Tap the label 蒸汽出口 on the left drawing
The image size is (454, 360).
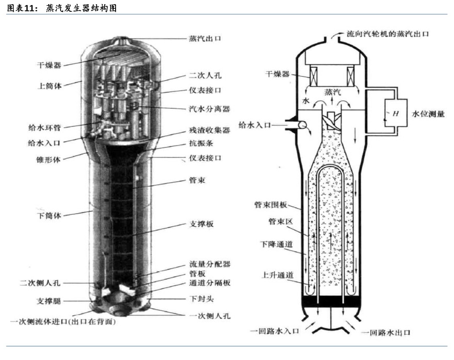[204, 39]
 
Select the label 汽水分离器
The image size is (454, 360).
[209, 109]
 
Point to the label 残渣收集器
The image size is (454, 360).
[209, 130]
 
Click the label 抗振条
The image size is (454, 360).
[201, 143]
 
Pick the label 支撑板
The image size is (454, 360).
[201, 224]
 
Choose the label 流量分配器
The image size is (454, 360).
[209, 264]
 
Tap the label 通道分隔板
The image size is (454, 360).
[209, 283]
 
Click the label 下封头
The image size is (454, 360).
[201, 299]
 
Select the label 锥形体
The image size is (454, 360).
[47, 160]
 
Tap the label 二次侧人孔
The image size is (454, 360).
[41, 283]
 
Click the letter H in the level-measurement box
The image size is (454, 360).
[395, 113]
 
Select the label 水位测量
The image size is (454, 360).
[428, 113]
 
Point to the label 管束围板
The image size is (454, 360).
[271, 205]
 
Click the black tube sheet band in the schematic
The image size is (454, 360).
[332, 302]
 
